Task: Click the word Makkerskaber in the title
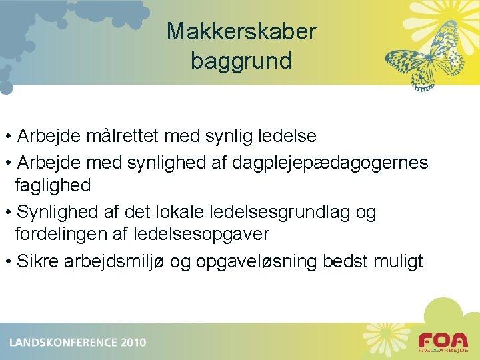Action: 241,31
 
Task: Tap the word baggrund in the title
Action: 241,61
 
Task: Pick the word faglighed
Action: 53,185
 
